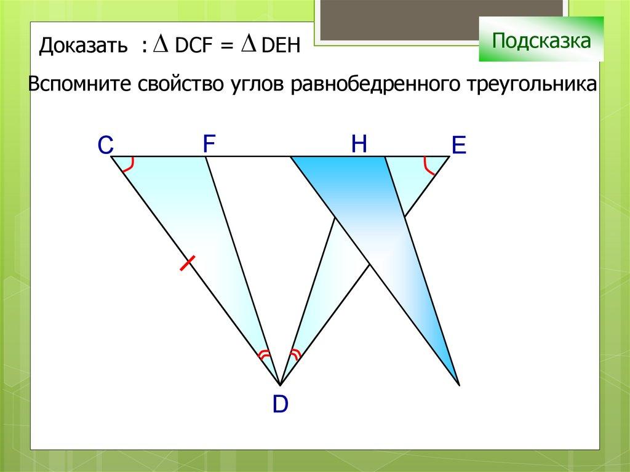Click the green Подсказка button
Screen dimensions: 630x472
pos(541,39)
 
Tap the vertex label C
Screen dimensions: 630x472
pos(105,145)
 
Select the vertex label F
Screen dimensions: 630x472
pos(209,143)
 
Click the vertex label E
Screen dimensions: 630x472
pos(458,145)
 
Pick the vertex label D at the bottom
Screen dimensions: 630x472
pos(281,404)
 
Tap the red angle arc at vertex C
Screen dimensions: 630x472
pos(129,166)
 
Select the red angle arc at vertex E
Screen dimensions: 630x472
pos(428,166)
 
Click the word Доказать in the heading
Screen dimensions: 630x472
pos(83,46)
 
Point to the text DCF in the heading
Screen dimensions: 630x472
pos(193,46)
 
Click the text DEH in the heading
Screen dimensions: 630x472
pos(281,46)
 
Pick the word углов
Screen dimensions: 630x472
pos(257,86)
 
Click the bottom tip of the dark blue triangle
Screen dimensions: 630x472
pos(459,385)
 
